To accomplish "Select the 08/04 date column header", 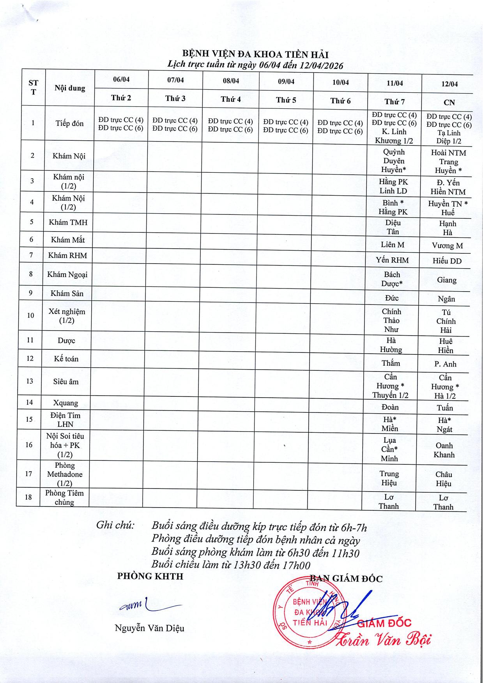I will point(231,81).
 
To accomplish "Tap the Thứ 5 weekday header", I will point(286,100).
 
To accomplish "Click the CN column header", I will point(449,102).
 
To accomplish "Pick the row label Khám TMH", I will point(68,222).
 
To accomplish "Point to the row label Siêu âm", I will point(66,381).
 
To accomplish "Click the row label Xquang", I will point(65,403).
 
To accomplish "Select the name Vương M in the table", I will point(447,246).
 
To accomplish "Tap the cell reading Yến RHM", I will point(392,260).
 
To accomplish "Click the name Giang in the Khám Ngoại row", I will point(446,280).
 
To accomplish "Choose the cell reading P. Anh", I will point(445,364).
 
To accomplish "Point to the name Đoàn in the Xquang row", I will point(390,407).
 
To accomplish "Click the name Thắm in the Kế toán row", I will point(391,363).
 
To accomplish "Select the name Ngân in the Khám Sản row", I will point(446,299).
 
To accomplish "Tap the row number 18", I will point(28,497).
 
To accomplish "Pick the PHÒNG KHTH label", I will point(150,576).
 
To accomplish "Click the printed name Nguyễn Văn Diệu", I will point(149,628).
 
